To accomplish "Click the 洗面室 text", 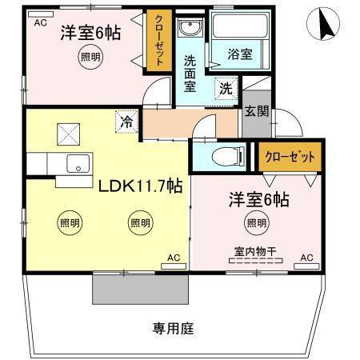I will pos(190,73).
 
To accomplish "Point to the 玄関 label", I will pos(257,112).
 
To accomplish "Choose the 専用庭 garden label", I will pos(173,328).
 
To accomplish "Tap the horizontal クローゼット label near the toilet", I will pos(290,157).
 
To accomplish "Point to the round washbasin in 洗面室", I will pos(190,30).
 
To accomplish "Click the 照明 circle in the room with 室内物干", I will pos(256,224).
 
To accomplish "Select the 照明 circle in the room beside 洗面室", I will pos(90,57).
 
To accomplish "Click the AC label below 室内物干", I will pos(306,258).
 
